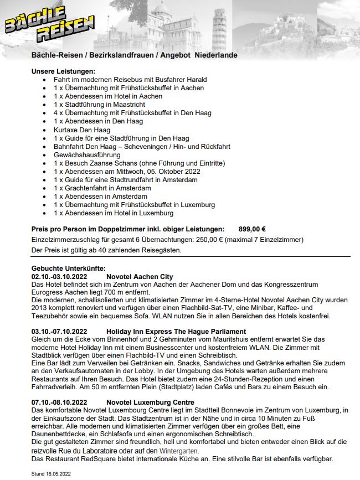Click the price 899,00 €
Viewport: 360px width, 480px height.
pyautogui.click(x=252, y=229)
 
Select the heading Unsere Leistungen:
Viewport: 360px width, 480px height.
pyautogui.click(x=64, y=71)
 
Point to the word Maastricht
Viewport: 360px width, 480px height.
pyautogui.click(x=127, y=105)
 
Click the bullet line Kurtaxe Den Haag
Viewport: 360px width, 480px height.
pyautogui.click(x=83, y=130)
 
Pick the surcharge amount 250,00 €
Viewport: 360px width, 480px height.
pyautogui.click(x=198, y=240)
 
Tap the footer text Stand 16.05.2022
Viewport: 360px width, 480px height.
pyautogui.click(x=52, y=474)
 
